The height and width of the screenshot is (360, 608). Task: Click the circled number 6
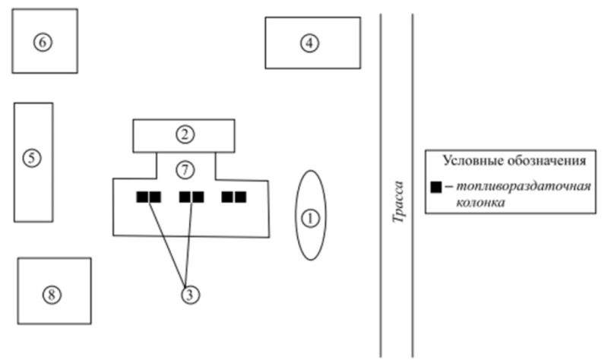(x=43, y=42)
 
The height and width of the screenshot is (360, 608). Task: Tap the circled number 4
(x=309, y=43)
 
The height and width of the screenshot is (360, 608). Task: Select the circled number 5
(x=32, y=158)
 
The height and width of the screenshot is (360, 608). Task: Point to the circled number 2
(x=185, y=134)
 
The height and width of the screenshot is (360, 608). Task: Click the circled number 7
(x=185, y=170)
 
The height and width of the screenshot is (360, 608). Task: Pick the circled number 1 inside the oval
(x=310, y=219)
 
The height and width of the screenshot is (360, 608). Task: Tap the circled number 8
(x=52, y=295)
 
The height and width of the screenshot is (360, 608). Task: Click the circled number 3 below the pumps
(x=190, y=295)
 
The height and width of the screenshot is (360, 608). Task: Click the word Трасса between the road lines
(x=397, y=202)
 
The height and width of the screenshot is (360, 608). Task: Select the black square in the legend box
(x=436, y=187)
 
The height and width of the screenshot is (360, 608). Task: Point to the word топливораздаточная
(x=524, y=186)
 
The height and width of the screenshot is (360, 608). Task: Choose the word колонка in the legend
(x=480, y=202)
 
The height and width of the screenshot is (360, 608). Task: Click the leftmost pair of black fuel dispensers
(x=148, y=197)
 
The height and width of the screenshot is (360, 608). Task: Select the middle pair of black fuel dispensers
(x=192, y=197)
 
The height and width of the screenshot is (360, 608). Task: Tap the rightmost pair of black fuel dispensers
(x=234, y=197)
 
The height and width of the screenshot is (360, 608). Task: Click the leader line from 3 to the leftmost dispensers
(x=166, y=243)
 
